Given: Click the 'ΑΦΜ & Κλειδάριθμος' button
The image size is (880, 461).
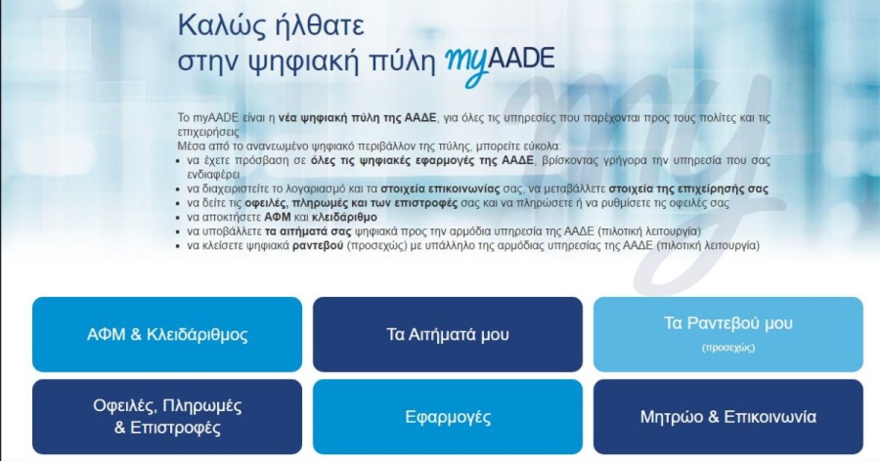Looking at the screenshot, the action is [167, 334].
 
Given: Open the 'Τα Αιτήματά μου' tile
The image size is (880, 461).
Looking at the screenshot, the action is [447, 334].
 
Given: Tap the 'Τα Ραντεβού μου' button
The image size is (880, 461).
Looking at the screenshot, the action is [727, 334].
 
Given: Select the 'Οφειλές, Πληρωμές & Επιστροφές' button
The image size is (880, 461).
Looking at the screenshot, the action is [167, 417].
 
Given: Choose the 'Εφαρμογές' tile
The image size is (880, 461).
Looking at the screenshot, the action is [447, 417].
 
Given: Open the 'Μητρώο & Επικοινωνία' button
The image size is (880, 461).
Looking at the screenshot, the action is [727, 417].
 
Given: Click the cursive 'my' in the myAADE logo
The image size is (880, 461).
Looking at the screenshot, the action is [466, 66].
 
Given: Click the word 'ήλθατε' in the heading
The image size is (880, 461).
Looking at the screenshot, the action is [318, 25].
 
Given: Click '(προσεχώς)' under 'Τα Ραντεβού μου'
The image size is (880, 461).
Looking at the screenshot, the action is [727, 348].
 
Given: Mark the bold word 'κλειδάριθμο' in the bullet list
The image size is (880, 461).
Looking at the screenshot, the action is [344, 217].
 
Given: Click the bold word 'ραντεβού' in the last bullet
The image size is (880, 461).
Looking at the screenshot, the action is [318, 246].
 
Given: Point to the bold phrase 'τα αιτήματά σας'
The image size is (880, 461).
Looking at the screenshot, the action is [308, 231].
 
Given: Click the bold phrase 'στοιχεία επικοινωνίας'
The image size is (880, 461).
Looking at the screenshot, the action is [440, 189].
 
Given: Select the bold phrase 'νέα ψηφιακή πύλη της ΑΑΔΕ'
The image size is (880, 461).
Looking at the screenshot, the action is [357, 118].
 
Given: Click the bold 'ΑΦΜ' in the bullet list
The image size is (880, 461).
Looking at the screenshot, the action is [278, 217].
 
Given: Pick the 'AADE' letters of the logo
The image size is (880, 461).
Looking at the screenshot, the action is [521, 60].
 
